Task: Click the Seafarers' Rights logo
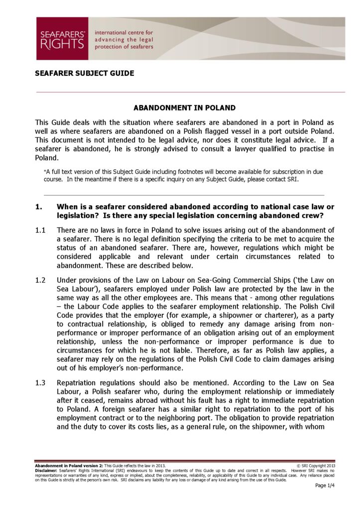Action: click(x=62, y=38)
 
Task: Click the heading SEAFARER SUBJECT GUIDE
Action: click(x=84, y=73)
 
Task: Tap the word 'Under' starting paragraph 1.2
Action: click(x=67, y=280)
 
